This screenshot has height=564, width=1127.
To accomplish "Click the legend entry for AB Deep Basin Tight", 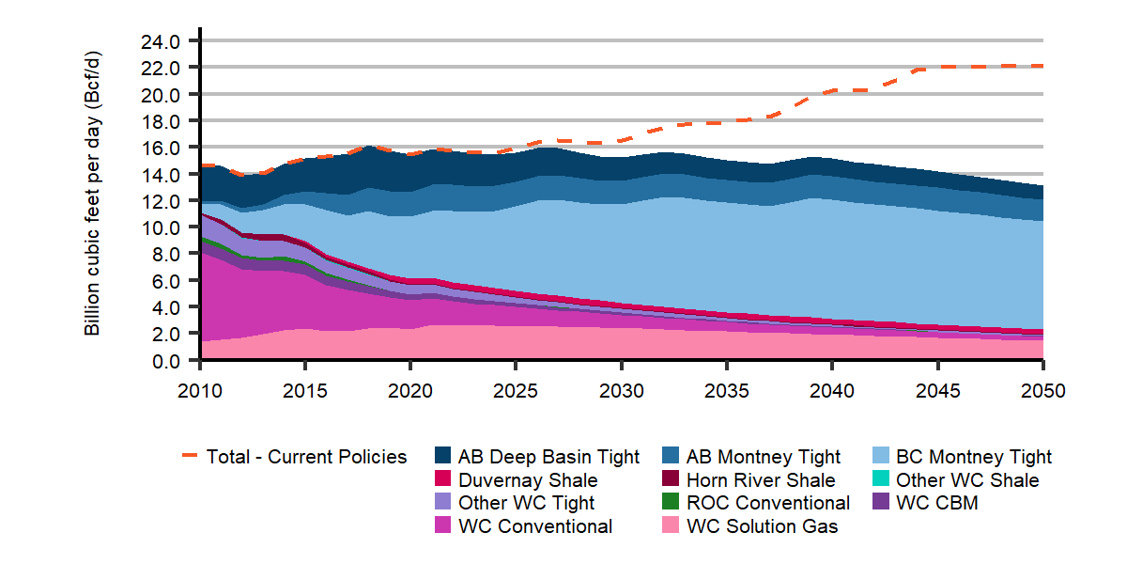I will pyautogui.click(x=548, y=457).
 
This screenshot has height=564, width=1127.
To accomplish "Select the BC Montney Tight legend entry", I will pyautogui.click(x=974, y=457).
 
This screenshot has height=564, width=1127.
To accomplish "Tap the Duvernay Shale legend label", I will pyautogui.click(x=528, y=480).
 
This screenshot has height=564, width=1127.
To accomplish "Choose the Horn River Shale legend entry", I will pyautogui.click(x=761, y=480).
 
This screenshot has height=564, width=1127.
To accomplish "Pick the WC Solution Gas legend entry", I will pyautogui.click(x=763, y=526).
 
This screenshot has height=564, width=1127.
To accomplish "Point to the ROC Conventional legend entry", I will pyautogui.click(x=768, y=503).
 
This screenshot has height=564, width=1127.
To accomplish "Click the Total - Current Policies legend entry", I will pyautogui.click(x=306, y=457).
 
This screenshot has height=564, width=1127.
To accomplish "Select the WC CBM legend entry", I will pyautogui.click(x=937, y=503).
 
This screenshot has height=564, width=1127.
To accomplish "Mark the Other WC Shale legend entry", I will pyautogui.click(x=967, y=480).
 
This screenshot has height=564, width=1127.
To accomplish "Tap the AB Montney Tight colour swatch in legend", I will pyautogui.click(x=672, y=457).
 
